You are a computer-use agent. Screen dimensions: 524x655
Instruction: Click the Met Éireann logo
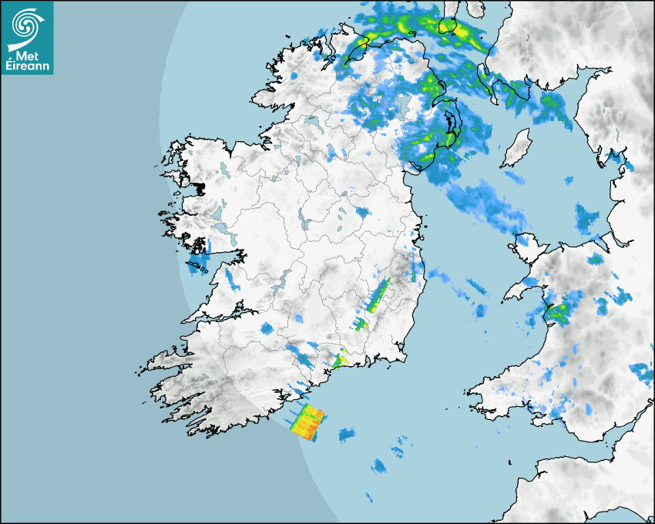tap(27, 38)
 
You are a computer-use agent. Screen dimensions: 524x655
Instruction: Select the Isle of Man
tap(516, 148)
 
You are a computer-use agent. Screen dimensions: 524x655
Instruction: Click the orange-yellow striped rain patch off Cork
tap(308, 422)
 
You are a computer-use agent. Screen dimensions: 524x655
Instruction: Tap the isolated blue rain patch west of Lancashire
tap(588, 218)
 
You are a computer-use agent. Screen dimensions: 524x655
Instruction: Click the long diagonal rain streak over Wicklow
tap(378, 295)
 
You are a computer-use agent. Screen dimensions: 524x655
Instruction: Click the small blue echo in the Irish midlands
tap(361, 213)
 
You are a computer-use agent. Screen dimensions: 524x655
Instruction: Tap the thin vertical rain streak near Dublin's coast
tap(413, 270)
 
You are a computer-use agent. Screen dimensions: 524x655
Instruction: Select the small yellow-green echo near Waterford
tap(339, 358)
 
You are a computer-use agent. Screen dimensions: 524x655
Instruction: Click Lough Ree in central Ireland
tap(304, 223)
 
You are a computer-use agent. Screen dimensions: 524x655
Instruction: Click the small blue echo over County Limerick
tap(267, 329)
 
